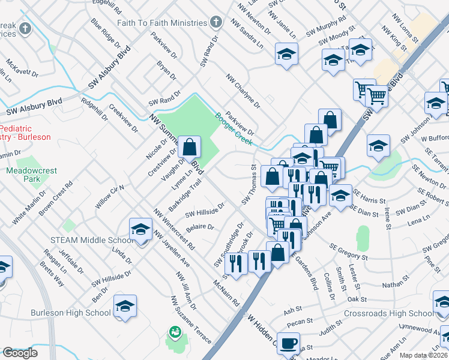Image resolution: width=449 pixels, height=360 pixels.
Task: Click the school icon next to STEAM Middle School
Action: pyautogui.click(x=140, y=229)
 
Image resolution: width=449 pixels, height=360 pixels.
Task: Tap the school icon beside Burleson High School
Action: pyautogui.click(x=125, y=307)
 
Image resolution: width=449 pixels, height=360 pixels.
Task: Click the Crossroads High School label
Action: pyautogui.click(x=388, y=313)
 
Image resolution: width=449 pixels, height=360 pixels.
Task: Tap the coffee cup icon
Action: pyautogui.click(x=289, y=343)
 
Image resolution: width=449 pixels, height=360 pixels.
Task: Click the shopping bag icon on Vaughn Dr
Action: pyautogui.click(x=189, y=146)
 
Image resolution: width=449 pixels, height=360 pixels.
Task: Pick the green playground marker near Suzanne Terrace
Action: pyautogui.click(x=175, y=331)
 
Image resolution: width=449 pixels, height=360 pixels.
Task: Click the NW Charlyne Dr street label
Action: pyautogui.click(x=243, y=91)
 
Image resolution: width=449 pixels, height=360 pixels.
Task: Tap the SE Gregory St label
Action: pyautogui.click(x=349, y=252)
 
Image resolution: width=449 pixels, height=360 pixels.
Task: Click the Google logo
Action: pyautogui.click(x=20, y=353)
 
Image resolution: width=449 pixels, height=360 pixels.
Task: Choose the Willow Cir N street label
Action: pyautogui.click(x=109, y=197)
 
